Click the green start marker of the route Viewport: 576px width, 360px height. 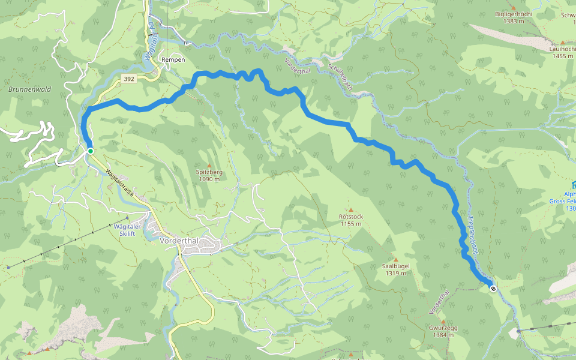click(90, 151)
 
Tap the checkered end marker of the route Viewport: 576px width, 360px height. click(493, 289)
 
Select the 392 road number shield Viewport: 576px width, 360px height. click(128, 78)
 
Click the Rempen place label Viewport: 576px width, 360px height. click(173, 60)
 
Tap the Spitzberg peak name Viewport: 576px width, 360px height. click(209, 172)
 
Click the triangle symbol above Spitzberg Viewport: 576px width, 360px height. click(209, 165)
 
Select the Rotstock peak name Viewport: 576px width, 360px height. click(351, 217)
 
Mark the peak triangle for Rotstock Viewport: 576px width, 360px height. click(351, 209)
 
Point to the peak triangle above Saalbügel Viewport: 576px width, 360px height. click(395, 259)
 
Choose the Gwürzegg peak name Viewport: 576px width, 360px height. click(443, 328)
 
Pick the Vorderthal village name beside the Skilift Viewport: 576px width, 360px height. click(183, 241)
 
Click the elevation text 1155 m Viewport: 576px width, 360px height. click(351, 224)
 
